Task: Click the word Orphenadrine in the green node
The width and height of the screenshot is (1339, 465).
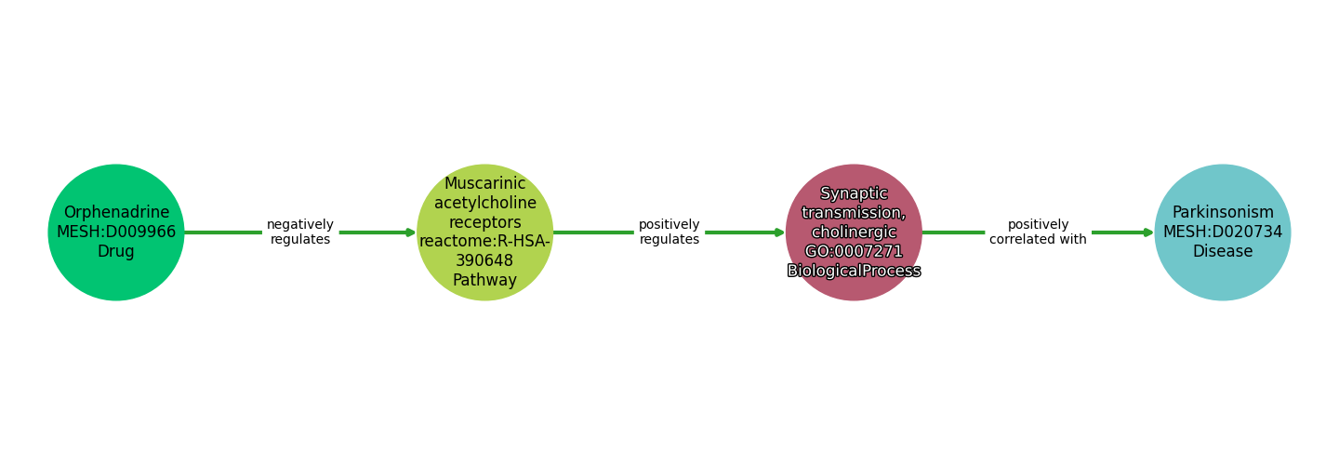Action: [116, 213]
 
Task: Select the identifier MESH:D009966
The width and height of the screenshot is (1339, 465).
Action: [116, 232]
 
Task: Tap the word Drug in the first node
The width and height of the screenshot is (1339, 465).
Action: [116, 252]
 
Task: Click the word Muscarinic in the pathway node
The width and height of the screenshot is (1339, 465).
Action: [484, 184]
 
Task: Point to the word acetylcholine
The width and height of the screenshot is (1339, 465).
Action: [484, 203]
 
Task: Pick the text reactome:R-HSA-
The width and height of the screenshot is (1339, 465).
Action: [484, 242]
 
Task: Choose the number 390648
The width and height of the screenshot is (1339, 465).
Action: [484, 261]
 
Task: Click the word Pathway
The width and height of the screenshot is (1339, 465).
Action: [484, 281]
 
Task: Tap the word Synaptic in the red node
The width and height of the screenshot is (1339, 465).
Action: [854, 193]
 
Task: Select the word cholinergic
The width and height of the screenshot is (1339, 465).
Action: [854, 232]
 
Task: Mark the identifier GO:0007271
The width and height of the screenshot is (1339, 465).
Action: [854, 252]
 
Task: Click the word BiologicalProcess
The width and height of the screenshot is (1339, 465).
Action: [854, 272]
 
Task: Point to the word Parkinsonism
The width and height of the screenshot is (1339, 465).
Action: [1223, 213]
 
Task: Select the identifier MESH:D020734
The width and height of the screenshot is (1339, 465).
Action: [1223, 232]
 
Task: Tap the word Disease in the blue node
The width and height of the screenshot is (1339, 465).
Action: [1223, 252]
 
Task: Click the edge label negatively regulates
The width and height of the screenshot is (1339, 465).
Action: [300, 232]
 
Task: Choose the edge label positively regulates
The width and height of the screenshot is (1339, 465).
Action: [669, 232]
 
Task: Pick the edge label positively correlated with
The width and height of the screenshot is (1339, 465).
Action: [1038, 232]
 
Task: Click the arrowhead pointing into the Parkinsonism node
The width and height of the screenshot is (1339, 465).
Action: [1149, 232]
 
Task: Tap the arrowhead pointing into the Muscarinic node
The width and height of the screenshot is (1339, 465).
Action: [411, 232]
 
